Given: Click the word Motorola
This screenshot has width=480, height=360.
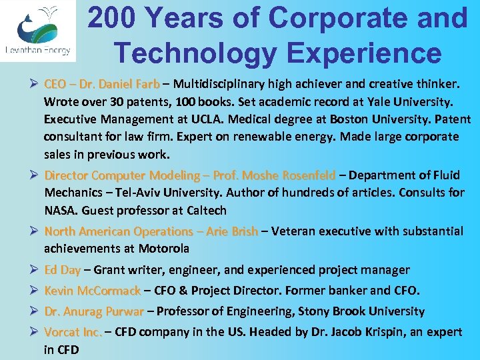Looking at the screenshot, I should pos(164,249).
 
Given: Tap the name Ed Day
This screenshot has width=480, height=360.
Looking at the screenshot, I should pos(62,270).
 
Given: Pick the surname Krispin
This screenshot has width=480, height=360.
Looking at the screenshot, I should pos(407,332).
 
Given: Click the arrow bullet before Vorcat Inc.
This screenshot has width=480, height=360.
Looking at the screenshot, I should pos(31,332).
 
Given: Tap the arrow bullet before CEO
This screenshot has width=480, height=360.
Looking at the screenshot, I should pos(31,85).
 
